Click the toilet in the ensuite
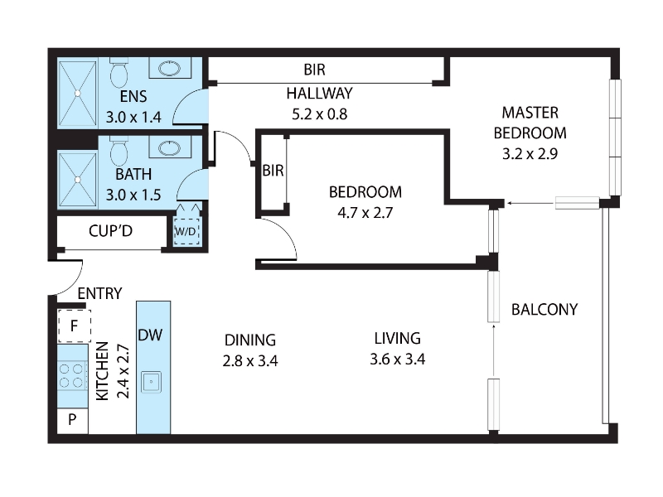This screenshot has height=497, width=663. coord(119,72)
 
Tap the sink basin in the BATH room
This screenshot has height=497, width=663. coord(170,147)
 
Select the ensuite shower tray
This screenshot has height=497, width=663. coord(77,93)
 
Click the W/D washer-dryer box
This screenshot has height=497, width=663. coord(186,231)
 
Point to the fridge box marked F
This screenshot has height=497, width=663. coord(74,326)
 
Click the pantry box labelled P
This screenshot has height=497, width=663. coord(72,420)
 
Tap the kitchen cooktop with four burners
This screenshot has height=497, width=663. coord(71,375)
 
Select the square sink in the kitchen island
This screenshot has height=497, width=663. coord(151,382)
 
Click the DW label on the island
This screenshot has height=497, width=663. coord(150,335)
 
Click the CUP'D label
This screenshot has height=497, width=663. coord(110,231)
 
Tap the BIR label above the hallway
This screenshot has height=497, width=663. coord(315,70)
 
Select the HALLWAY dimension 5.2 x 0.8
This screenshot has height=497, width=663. coord(320,113)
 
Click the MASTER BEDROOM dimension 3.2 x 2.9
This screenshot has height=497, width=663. coord(530,153)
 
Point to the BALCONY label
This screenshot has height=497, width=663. coord(544,309)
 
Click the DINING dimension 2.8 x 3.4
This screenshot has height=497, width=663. coord(250,361)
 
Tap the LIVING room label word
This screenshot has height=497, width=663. coord(398,338)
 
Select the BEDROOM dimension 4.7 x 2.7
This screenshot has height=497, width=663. coord(365,212)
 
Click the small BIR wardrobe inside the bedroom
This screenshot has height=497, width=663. coord(273,171)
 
